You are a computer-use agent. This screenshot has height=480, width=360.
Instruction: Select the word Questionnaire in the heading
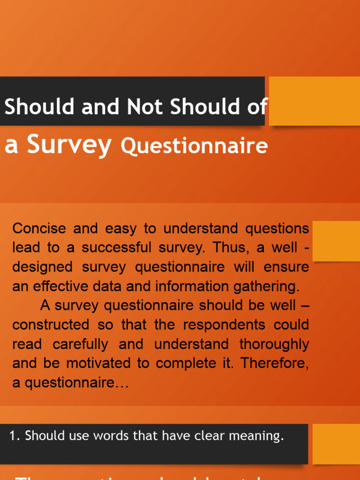pos(194,146)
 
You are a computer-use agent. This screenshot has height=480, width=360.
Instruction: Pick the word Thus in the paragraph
pos(225,248)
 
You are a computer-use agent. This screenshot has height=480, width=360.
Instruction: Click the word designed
pos(43,267)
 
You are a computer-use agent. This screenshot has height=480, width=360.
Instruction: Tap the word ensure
pos(286,267)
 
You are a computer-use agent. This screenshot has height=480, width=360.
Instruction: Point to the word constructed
pos(51,325)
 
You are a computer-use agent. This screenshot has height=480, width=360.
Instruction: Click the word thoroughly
pos(274,344)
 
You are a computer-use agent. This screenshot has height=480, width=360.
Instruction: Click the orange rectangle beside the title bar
pos(314,101)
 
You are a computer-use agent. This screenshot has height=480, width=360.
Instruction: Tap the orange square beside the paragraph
pos(336,241)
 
